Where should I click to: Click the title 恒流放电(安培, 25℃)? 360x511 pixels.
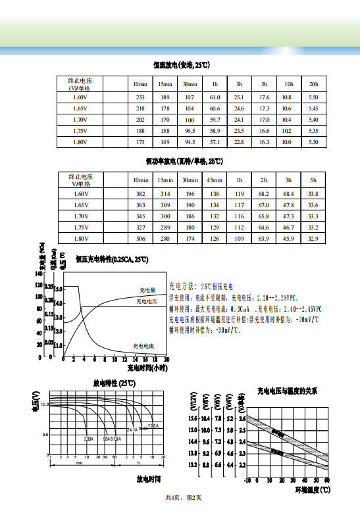(x=180, y=65)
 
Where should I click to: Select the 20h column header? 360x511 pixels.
(x=313, y=85)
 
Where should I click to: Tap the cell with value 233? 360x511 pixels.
(x=140, y=97)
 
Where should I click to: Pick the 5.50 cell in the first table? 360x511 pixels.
(x=313, y=97)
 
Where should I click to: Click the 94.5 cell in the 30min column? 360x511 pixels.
(x=190, y=142)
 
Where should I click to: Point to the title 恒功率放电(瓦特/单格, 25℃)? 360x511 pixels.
(x=184, y=160)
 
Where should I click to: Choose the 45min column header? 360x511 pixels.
(x=214, y=180)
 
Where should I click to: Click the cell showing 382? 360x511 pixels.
(x=140, y=194)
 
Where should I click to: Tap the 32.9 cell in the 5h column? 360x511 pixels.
(x=313, y=238)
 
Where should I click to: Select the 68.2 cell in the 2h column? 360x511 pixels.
(x=263, y=194)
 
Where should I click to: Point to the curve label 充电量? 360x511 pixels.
(x=147, y=289)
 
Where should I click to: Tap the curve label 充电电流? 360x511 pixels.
(x=143, y=345)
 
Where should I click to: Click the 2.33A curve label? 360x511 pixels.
(x=89, y=439)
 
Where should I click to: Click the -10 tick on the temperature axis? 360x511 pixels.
(x=247, y=481)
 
